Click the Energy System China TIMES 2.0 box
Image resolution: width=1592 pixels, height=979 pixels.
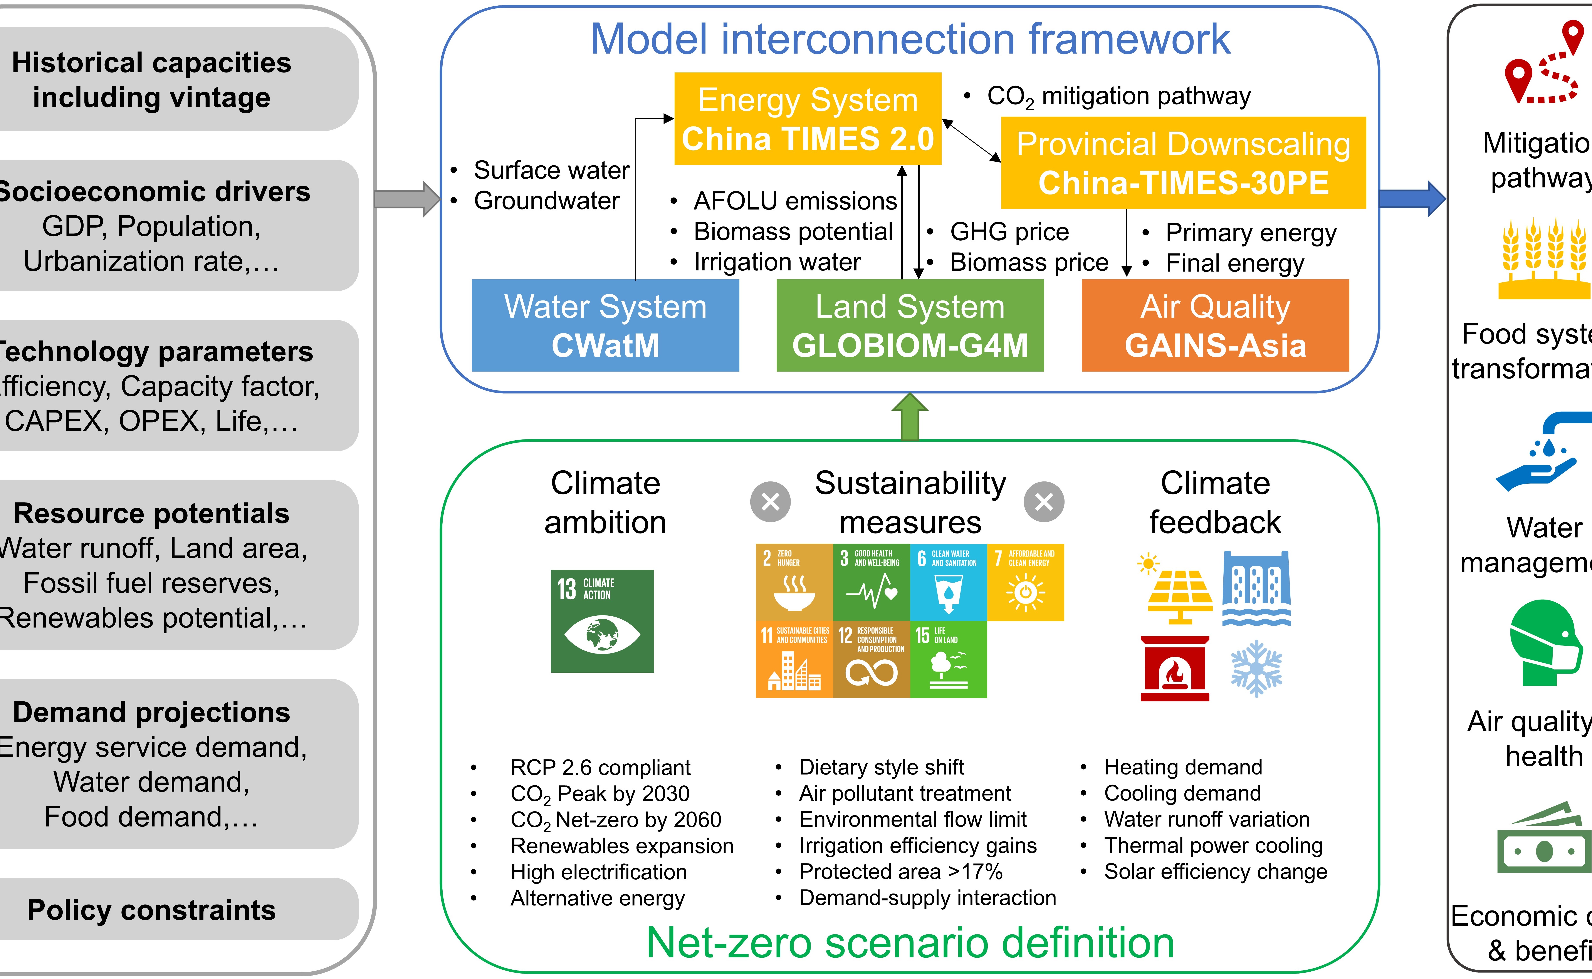click(808, 119)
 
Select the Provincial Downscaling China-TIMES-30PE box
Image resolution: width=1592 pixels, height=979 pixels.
click(1183, 163)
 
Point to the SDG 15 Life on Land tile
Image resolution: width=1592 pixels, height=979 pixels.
click(948, 659)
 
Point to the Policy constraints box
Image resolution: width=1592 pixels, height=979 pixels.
click(152, 910)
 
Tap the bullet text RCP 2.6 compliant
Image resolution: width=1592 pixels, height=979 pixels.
click(600, 767)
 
